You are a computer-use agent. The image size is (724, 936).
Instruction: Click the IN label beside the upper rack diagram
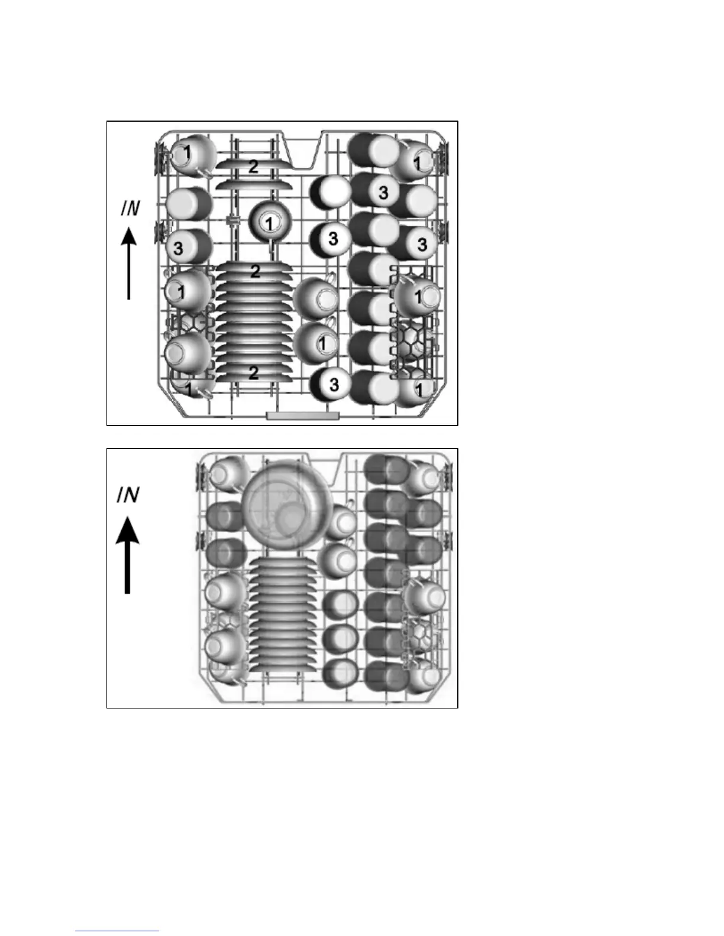pyautogui.click(x=130, y=209)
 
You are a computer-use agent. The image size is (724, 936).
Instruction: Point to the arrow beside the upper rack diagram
pyautogui.click(x=129, y=263)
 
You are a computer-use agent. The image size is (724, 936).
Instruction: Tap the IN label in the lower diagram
pyautogui.click(x=128, y=494)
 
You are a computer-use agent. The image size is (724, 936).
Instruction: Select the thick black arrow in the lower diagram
pyautogui.click(x=127, y=552)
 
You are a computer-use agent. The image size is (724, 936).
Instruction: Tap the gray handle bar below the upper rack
pyautogui.click(x=303, y=415)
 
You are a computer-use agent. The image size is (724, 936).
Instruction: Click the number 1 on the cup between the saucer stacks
pyautogui.click(x=269, y=223)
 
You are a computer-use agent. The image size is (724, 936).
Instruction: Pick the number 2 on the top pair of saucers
pyautogui.click(x=253, y=167)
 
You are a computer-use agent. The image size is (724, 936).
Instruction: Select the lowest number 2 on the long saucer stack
pyautogui.click(x=253, y=372)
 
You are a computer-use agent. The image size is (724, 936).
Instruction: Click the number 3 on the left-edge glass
pyautogui.click(x=178, y=248)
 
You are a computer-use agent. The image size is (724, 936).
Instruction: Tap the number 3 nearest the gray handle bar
pyautogui.click(x=334, y=384)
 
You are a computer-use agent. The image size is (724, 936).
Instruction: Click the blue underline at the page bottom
pyautogui.click(x=117, y=931)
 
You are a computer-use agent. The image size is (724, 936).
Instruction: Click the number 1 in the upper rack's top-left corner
pyautogui.click(x=187, y=152)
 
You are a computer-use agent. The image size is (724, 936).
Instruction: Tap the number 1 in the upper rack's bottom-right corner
pyautogui.click(x=419, y=389)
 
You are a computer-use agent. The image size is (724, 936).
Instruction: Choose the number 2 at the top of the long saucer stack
pyautogui.click(x=255, y=271)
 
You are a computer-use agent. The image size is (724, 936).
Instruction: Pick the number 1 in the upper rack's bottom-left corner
pyautogui.click(x=189, y=389)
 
